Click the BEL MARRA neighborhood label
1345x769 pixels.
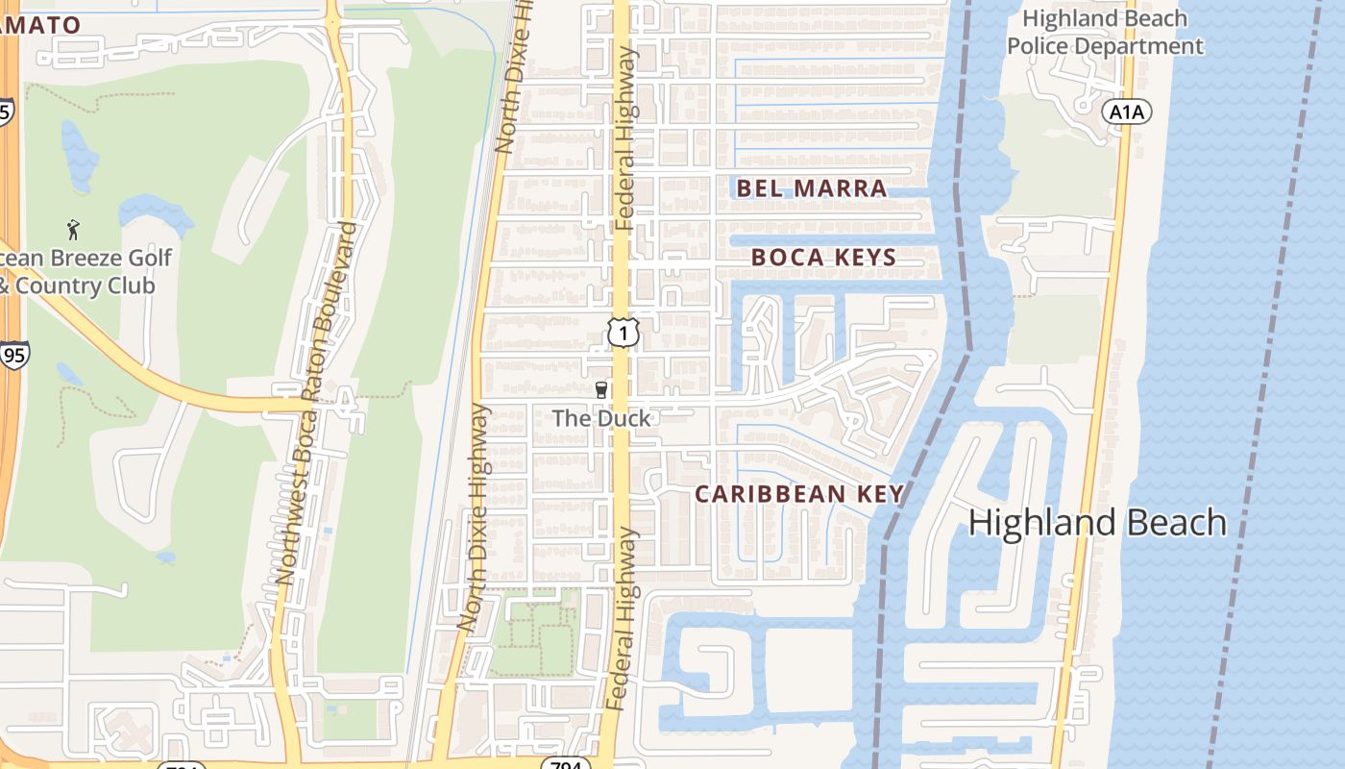[812, 188]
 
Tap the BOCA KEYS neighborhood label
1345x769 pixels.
[823, 258]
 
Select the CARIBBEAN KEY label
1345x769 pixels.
[799, 494]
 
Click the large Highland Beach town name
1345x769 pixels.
[1097, 523]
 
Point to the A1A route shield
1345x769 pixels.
[1126, 112]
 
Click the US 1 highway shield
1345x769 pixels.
[623, 333]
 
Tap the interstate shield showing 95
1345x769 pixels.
[14, 355]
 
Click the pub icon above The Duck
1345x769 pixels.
[601, 389]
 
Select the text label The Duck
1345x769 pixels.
[601, 418]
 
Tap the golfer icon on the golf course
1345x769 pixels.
[74, 230]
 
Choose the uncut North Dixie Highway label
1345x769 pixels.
[480, 519]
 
